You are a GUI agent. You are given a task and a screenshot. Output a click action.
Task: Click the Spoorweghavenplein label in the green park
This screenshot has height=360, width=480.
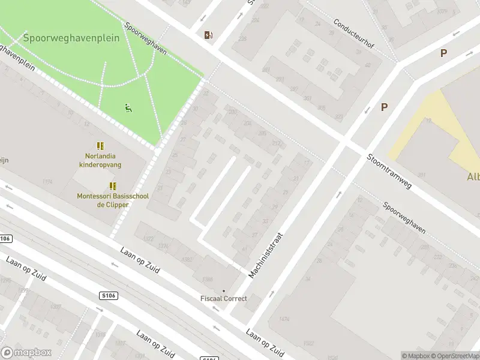[71, 38]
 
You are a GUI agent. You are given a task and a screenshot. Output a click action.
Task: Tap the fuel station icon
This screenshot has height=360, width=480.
[208, 35]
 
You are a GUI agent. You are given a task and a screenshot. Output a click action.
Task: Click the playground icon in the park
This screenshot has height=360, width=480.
[128, 108]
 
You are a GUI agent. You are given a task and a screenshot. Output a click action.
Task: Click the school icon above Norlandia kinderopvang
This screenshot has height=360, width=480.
[100, 146]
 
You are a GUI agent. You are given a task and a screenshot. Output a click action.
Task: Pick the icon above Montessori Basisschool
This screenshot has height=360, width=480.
[112, 186]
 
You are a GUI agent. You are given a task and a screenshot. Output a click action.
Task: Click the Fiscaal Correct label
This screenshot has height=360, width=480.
[223, 299]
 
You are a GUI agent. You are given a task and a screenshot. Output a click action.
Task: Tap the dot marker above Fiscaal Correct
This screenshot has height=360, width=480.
[224, 290]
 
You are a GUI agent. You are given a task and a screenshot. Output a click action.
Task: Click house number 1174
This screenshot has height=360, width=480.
[47, 181]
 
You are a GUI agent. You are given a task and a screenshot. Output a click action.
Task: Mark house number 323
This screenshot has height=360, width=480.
[338, 118]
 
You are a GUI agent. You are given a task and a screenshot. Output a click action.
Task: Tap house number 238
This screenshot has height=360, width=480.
[242, 39]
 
